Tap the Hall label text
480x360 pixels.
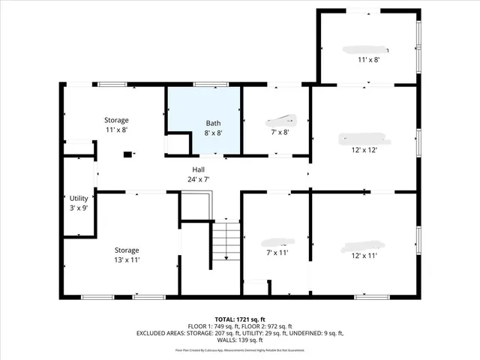pos(197,170)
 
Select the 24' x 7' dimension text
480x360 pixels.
pos(197,180)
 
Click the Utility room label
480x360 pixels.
pos(79,198)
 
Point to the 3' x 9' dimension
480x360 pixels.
pos(79,208)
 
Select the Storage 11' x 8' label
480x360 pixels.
pos(115,124)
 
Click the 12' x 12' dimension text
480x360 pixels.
pos(364,149)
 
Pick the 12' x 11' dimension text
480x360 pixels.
pos(364,256)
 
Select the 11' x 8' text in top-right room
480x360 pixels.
pos(368,59)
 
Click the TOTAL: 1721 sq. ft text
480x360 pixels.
pos(239,319)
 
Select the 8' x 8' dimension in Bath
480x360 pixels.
pos(214,133)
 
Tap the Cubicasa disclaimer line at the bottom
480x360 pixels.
pos(239,349)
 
